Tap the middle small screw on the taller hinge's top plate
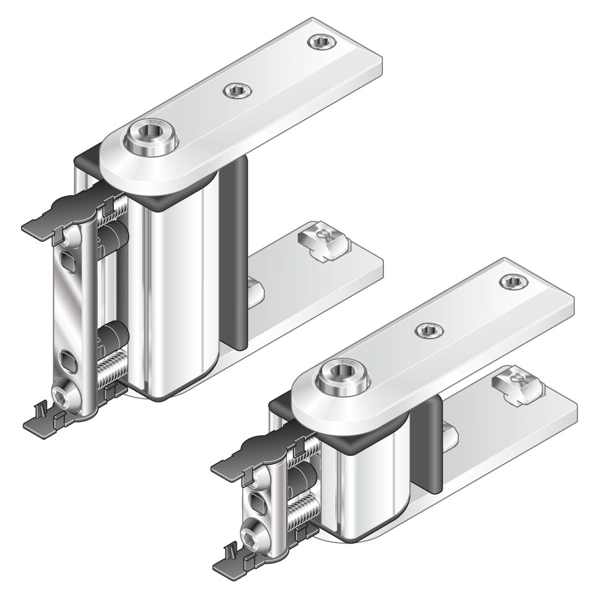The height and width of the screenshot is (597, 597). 237,91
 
